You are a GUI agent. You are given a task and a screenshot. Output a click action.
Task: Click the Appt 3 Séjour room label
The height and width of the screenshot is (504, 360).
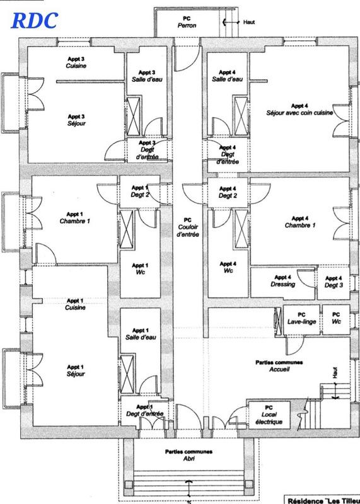(x=76, y=120)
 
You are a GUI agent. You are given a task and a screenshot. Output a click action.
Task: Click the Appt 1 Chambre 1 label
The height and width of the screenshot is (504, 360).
(x=75, y=217)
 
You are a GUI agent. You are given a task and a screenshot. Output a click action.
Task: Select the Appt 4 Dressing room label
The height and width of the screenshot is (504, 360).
(x=282, y=280)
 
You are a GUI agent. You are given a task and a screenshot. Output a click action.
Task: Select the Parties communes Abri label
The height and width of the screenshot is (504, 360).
(x=189, y=455)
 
